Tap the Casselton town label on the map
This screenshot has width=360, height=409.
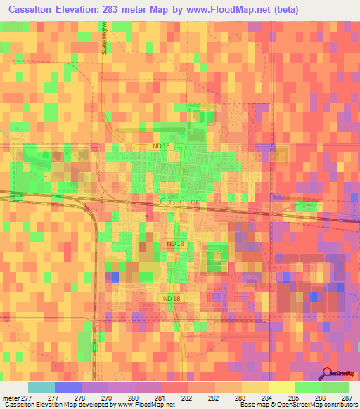click(180, 202)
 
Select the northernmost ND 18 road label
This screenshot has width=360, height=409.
click(161, 145)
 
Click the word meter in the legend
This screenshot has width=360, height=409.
click(11, 398)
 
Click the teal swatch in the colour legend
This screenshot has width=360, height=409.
click(41, 387)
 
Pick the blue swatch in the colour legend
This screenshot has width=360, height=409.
click(67, 387)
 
